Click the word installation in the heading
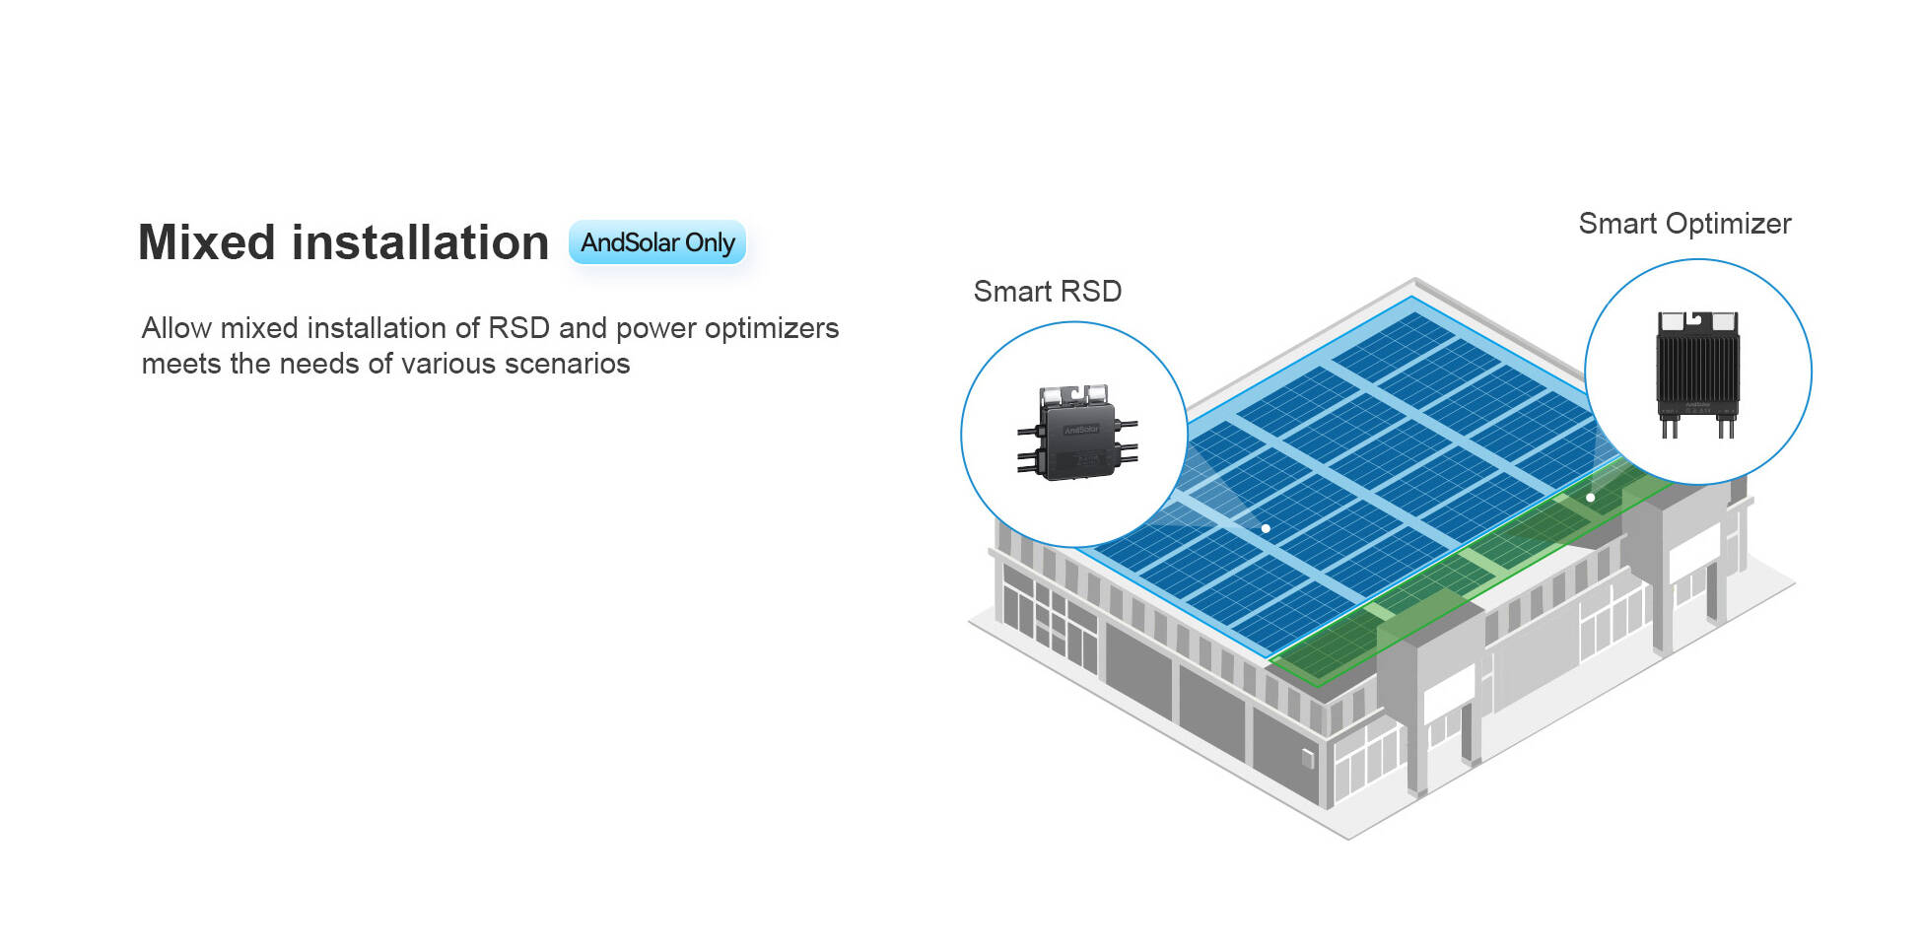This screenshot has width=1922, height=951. coord(420,242)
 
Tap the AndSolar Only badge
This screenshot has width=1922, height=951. coord(656,242)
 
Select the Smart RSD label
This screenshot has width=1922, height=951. coord(1047,292)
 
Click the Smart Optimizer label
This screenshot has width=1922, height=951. coord(1684,224)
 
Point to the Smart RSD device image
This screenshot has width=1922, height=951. coord(1077,434)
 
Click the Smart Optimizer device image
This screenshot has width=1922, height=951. coord(1697,374)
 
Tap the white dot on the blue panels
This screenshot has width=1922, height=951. coord(1266,528)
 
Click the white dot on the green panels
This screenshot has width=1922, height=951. coord(1590,498)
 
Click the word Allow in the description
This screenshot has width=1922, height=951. coord(176,328)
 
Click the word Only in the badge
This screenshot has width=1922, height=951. coord(710,242)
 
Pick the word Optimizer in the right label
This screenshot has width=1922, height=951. coord(1728,224)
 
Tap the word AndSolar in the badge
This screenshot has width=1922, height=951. coord(630,242)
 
